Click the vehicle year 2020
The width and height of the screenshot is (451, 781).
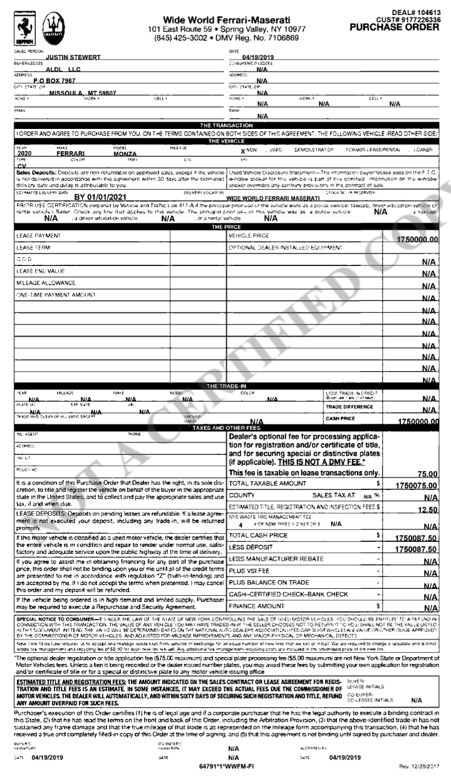pyautogui.click(x=26, y=152)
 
